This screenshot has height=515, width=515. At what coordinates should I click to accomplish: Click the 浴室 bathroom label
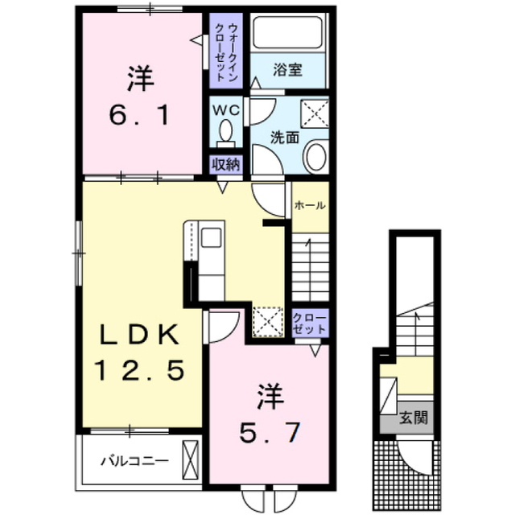pos(287,70)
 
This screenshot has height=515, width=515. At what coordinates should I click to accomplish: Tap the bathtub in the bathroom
pos(288,33)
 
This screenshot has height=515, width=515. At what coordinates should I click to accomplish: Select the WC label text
pos(226,111)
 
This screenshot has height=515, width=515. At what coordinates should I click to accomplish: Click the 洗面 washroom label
pos(284,138)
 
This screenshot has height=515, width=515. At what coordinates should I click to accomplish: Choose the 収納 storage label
pos(226,164)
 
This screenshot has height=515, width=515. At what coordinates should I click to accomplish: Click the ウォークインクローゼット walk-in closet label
pos(226,51)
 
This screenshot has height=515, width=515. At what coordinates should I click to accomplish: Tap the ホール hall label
pos(310,206)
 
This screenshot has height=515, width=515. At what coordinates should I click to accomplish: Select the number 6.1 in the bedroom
pos(139,116)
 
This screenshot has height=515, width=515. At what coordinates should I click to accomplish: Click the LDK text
pos(139,335)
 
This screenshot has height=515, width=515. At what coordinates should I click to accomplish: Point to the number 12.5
pos(139,370)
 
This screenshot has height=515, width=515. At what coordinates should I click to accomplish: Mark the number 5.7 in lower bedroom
pos(270,433)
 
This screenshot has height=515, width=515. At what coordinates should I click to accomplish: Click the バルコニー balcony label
pos(134,461)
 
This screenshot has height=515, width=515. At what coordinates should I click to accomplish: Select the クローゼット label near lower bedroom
pos(310,323)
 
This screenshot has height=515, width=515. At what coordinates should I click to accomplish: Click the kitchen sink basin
pos(211,237)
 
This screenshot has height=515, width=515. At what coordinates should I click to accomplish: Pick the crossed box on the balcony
pos(191,459)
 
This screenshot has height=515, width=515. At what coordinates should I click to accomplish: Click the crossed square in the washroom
pos(315,113)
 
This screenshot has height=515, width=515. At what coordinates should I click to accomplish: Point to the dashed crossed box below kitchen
pos(268,322)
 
